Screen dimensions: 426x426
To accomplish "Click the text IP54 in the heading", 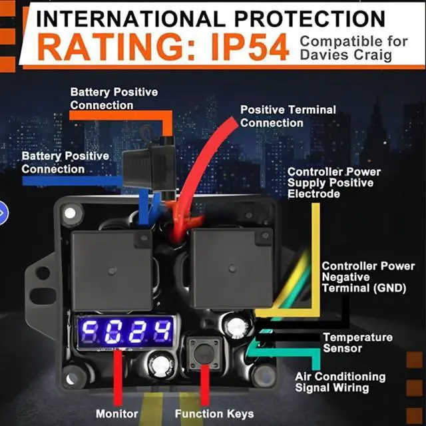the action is [250, 47].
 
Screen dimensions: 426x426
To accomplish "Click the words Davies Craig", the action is [346, 55].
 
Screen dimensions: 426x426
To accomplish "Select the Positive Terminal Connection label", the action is [288, 116].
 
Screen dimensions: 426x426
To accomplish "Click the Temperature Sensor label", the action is [358, 343].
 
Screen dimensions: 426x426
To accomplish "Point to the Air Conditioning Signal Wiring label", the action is [340, 382].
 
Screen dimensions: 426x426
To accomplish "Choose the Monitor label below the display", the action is [117, 413].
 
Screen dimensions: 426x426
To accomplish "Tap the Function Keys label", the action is [214, 413].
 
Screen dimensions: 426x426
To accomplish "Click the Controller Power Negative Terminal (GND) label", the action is [368, 277].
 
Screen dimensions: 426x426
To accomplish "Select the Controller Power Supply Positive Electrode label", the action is [334, 183].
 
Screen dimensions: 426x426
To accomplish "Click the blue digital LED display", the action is [126, 331].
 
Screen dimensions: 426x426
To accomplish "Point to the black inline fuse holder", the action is [149, 166].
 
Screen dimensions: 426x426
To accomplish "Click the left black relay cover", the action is [112, 270].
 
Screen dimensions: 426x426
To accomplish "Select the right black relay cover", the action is [232, 268].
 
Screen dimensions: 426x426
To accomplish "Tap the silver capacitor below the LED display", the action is [161, 364].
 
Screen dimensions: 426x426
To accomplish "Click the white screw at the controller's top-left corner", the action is [70, 214].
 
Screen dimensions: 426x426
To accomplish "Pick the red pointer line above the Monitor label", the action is [118, 377].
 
